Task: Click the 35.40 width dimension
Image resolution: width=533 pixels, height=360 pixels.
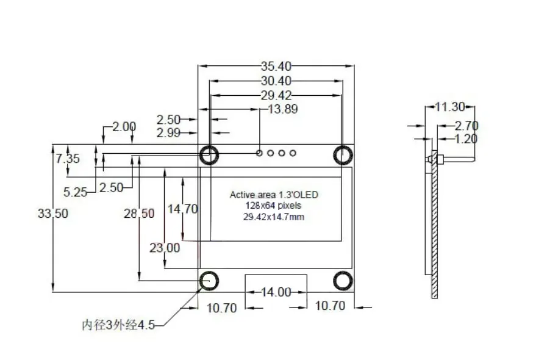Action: (276, 66)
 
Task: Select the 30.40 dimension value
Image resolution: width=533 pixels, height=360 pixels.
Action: (276, 81)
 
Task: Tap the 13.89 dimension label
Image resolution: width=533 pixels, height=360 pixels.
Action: (283, 109)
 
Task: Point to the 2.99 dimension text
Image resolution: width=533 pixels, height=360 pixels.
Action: (169, 132)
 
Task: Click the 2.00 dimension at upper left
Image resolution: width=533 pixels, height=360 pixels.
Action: (124, 126)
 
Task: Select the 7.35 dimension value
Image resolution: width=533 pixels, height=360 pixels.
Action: (68, 159)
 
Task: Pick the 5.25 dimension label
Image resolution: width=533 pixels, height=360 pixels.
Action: (76, 192)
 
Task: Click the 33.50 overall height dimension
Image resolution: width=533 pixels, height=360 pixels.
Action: (52, 214)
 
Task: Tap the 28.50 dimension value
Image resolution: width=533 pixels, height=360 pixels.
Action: (139, 213)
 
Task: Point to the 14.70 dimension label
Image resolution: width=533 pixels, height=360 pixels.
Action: (183, 209)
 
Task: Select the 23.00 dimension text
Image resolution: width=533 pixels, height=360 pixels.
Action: (165, 248)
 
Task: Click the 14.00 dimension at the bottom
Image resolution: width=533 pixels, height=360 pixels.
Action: (276, 292)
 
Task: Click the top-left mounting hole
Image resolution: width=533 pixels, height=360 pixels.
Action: (209, 154)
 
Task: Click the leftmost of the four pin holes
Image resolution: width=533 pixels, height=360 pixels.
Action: (260, 153)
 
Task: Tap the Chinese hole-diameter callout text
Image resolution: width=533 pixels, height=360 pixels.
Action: (119, 325)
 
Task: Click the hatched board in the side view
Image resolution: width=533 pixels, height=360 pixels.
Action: (435, 232)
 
